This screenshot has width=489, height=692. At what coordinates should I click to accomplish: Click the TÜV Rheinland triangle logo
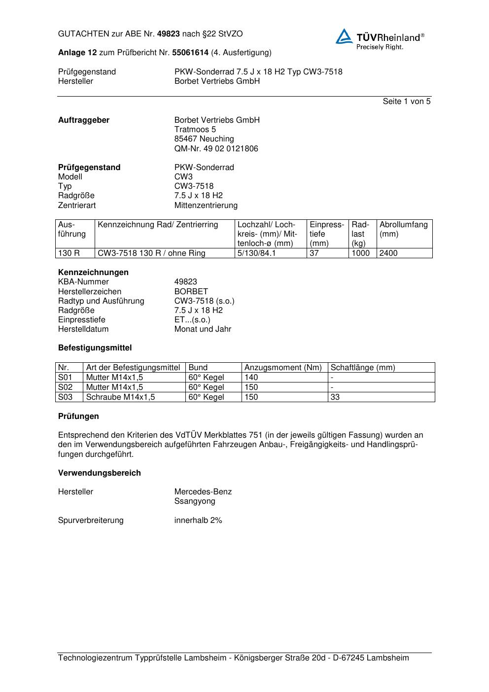coord(344,37)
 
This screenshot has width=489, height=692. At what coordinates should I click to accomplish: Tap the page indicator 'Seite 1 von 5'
coord(406,102)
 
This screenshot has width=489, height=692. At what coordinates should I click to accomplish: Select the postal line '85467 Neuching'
coord(204,139)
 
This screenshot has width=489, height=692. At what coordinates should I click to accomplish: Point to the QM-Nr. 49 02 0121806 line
coord(216,148)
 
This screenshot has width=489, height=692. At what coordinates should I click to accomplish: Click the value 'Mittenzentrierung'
coord(206,205)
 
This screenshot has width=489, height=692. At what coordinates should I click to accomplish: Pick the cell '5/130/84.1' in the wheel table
coord(256,253)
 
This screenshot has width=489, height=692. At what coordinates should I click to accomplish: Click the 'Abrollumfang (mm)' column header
coord(403,229)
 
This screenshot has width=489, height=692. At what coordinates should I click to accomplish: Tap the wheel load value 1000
coord(360,253)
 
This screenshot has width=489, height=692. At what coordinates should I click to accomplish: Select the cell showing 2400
coord(388,253)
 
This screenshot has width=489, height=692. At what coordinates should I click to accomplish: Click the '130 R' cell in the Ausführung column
coord(69,253)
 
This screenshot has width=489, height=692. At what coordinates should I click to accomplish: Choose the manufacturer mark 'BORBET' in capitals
coord(191,291)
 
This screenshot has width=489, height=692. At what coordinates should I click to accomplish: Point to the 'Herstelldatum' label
coord(83,329)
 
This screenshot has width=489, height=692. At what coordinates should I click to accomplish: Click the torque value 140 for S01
coord(251,378)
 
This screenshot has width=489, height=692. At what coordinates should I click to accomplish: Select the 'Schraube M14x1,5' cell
coord(120,397)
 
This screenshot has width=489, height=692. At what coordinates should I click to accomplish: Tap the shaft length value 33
coord(335,397)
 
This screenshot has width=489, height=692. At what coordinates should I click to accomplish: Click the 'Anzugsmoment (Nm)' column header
coord(283,368)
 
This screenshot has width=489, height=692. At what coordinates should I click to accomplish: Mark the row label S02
coord(65,387)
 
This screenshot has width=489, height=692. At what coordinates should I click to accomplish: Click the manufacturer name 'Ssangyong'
coord(195,501)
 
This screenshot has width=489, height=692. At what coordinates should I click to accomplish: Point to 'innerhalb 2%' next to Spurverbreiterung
coord(198,520)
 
